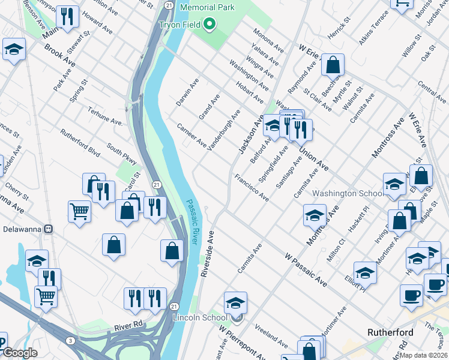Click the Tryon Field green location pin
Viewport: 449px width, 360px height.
click(x=209, y=25)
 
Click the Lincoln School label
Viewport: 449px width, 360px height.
click(x=200, y=317)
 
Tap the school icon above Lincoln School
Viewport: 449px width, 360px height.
click(x=236, y=302)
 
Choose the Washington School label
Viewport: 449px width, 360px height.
click(x=348, y=194)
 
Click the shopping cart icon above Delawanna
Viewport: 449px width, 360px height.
click(x=79, y=211)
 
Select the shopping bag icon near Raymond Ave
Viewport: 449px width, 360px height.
click(x=332, y=65)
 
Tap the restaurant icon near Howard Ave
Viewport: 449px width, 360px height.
click(x=68, y=17)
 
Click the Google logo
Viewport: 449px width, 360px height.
click(x=20, y=353)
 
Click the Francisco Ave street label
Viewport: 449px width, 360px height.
click(x=252, y=187)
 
